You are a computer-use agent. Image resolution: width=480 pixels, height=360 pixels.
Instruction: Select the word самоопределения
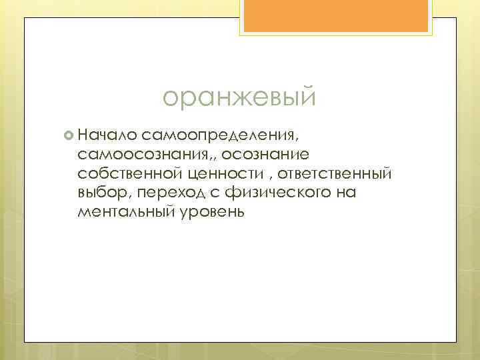[215, 136]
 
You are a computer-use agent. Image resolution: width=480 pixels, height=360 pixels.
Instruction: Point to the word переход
[164, 193]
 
